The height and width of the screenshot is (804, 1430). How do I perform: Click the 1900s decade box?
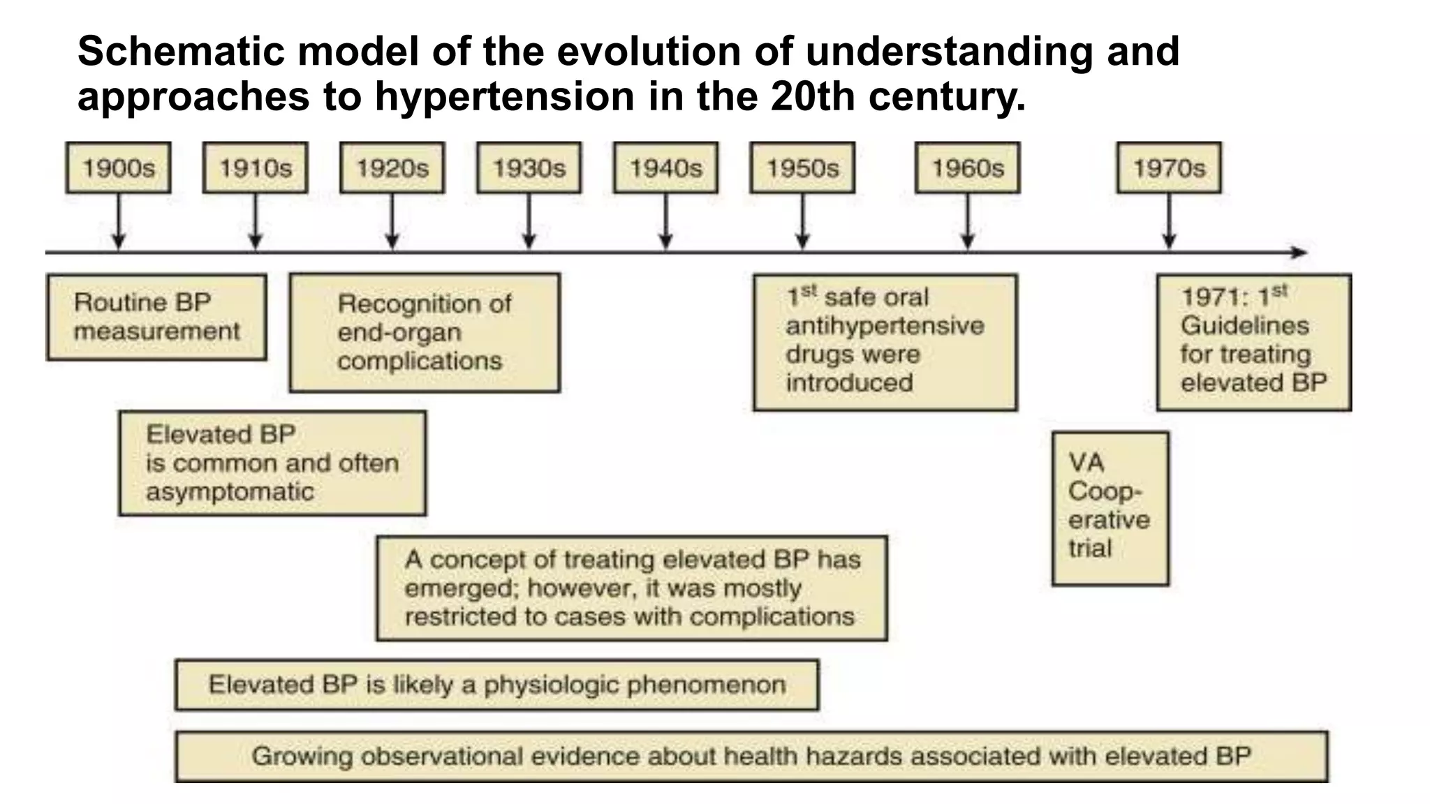[x=118, y=168]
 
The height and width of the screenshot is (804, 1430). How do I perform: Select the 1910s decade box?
[x=255, y=168]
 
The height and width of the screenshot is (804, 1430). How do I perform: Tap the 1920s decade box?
[x=392, y=168]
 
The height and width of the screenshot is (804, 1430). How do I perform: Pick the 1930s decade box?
[x=529, y=168]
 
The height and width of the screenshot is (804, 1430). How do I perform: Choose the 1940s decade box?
[x=665, y=168]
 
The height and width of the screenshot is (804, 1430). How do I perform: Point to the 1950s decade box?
[x=802, y=168]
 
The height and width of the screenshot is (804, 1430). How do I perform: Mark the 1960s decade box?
[x=967, y=168]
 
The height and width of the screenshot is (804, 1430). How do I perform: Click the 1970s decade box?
[x=1169, y=168]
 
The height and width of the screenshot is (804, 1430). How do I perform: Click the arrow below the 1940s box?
[x=665, y=221]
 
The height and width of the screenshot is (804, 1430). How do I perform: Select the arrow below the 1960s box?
[x=967, y=221]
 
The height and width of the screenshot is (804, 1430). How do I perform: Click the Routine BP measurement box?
[x=156, y=317]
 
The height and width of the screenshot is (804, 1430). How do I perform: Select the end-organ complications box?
[x=425, y=332]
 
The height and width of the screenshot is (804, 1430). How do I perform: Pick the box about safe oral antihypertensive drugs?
[x=885, y=341]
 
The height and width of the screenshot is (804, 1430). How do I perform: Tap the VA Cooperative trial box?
[x=1110, y=508]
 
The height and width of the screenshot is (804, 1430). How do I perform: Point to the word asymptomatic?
[x=230, y=492]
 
